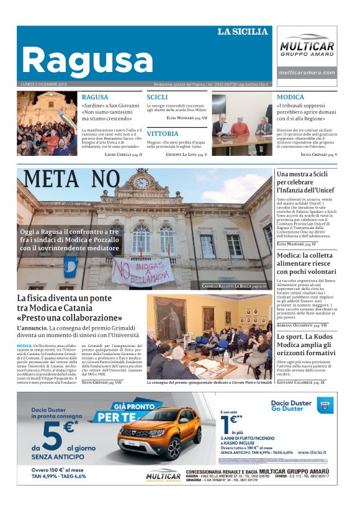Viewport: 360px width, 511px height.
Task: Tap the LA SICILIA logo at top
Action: pos(243,31)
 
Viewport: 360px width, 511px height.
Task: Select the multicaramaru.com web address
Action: pos(307,72)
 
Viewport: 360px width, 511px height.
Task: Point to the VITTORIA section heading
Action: pos(163,133)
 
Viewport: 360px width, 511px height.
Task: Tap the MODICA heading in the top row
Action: pos(290,97)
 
